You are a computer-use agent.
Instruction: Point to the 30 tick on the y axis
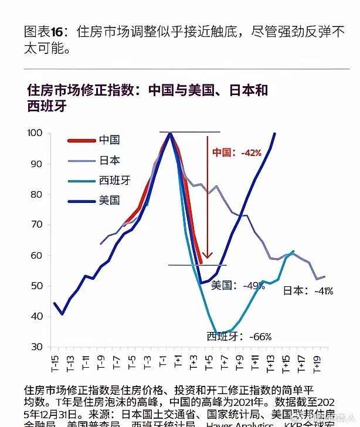click(x=37, y=347)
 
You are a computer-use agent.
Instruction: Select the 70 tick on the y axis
click(x=37, y=225)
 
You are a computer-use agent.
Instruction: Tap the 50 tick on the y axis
click(x=37, y=286)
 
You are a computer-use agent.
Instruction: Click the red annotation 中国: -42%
click(x=236, y=152)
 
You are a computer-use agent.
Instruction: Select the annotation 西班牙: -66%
click(x=239, y=337)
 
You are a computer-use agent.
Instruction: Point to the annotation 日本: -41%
click(x=308, y=290)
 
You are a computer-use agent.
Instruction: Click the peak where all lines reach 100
click(x=169, y=133)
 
